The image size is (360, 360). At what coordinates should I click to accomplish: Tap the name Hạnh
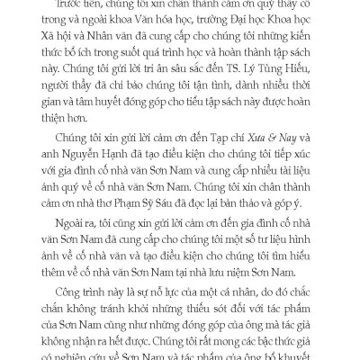(147, 187)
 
